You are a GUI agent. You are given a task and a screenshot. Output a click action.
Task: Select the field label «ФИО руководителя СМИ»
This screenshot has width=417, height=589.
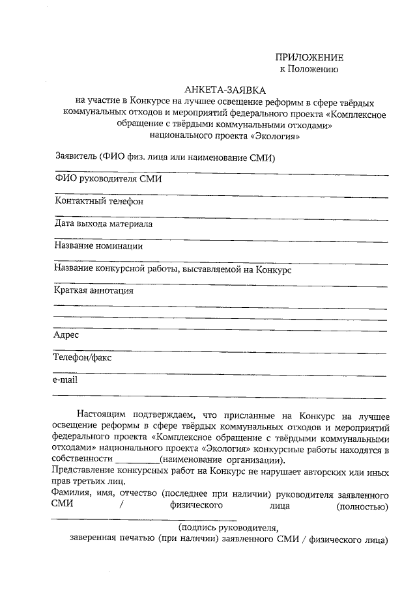pyautogui.click(x=108, y=179)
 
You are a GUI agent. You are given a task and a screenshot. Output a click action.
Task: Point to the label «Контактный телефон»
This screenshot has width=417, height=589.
pyautogui.click(x=98, y=201)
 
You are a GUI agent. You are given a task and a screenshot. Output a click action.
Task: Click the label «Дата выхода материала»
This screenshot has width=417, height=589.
pyautogui.click(x=104, y=224)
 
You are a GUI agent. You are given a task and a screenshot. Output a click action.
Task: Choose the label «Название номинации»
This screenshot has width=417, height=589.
pyautogui.click(x=98, y=246)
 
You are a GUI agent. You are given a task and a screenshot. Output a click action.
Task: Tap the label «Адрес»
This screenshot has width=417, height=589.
pyautogui.click(x=66, y=335)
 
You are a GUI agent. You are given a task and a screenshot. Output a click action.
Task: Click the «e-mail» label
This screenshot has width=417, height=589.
pyautogui.click(x=65, y=379)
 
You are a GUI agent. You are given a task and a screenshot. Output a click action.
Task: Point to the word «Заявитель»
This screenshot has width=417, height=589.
pyautogui.click(x=76, y=157)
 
